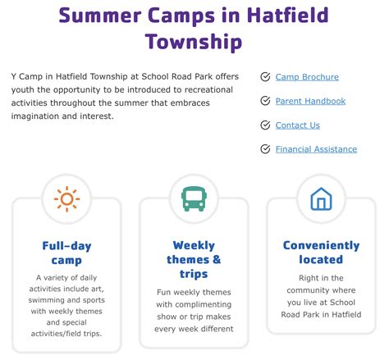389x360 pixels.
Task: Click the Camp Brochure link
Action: tap(307, 77)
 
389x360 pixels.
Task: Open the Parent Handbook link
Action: tap(310, 101)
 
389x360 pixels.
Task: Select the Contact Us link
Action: tap(297, 125)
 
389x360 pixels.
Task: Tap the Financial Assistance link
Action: tap(316, 149)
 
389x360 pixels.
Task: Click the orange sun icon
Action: tap(66, 199)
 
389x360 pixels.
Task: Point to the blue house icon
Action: tap(321, 199)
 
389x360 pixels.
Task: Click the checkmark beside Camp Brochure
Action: tap(265, 77)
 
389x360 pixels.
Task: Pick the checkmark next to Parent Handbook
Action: tap(265, 101)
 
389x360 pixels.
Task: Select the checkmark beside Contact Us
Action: tap(265, 125)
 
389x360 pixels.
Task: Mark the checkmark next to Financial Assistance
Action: tap(265, 149)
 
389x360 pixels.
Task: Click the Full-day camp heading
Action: tap(66, 253)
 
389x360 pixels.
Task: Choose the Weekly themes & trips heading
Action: tap(194, 259)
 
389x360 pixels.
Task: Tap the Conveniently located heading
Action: tap(321, 253)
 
